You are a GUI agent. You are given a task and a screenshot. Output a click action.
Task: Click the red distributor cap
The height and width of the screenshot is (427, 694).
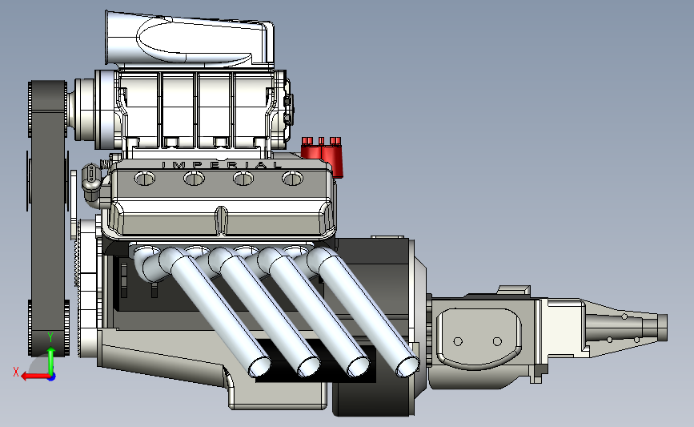click(x=322, y=155)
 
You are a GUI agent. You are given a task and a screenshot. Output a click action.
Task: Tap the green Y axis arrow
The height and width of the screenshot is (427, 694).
click(x=51, y=361)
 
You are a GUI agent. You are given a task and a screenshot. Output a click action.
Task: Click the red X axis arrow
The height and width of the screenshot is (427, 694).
click(x=35, y=377)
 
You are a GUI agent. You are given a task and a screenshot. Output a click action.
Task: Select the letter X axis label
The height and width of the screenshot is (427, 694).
click(x=16, y=372)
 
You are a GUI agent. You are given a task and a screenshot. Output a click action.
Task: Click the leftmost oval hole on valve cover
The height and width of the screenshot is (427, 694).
click(x=145, y=179)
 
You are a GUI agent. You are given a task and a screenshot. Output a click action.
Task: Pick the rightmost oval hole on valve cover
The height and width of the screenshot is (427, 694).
click(x=292, y=179)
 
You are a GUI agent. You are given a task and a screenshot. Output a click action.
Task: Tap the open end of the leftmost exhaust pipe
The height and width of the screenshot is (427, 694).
click(x=260, y=367)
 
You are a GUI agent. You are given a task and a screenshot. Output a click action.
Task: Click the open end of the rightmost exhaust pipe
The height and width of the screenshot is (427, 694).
click(x=407, y=367)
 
